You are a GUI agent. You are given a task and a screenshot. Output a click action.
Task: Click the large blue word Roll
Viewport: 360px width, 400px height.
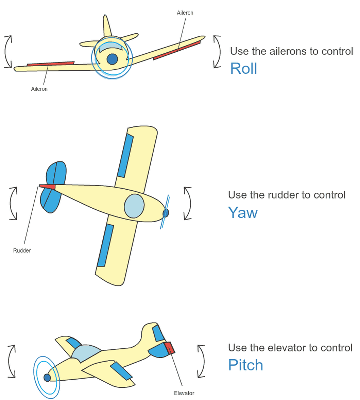pos(243,68)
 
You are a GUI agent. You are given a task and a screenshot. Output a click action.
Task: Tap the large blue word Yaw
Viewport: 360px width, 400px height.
pos(243,213)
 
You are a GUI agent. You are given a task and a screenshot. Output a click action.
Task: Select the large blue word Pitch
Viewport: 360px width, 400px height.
pos(245,365)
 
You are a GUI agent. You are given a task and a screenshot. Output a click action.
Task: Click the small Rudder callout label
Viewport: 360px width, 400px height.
pos(22,250)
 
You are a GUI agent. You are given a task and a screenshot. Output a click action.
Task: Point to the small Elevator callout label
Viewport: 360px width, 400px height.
pos(184,393)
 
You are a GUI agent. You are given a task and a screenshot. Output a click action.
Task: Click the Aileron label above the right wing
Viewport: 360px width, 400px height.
pos(185,13)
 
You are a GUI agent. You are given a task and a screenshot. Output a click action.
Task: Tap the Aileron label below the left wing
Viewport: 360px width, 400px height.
pos(39,89)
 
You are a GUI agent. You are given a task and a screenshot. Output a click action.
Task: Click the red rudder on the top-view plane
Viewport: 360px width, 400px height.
pos(47,187)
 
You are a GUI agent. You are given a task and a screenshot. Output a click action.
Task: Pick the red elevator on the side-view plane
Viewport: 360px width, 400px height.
pos(169,347)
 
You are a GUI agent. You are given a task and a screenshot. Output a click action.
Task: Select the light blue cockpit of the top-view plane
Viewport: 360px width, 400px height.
pos(134,206)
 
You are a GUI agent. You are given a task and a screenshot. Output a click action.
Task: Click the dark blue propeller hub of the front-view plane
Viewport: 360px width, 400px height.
pos(113,59)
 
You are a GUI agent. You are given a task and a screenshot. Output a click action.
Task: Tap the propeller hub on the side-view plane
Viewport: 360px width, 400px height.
pos(47,378)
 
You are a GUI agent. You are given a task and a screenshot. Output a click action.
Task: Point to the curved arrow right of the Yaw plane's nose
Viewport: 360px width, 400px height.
pos(188,203)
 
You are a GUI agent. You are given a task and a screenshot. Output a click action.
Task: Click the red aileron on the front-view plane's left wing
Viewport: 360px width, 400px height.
pos(50,64)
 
